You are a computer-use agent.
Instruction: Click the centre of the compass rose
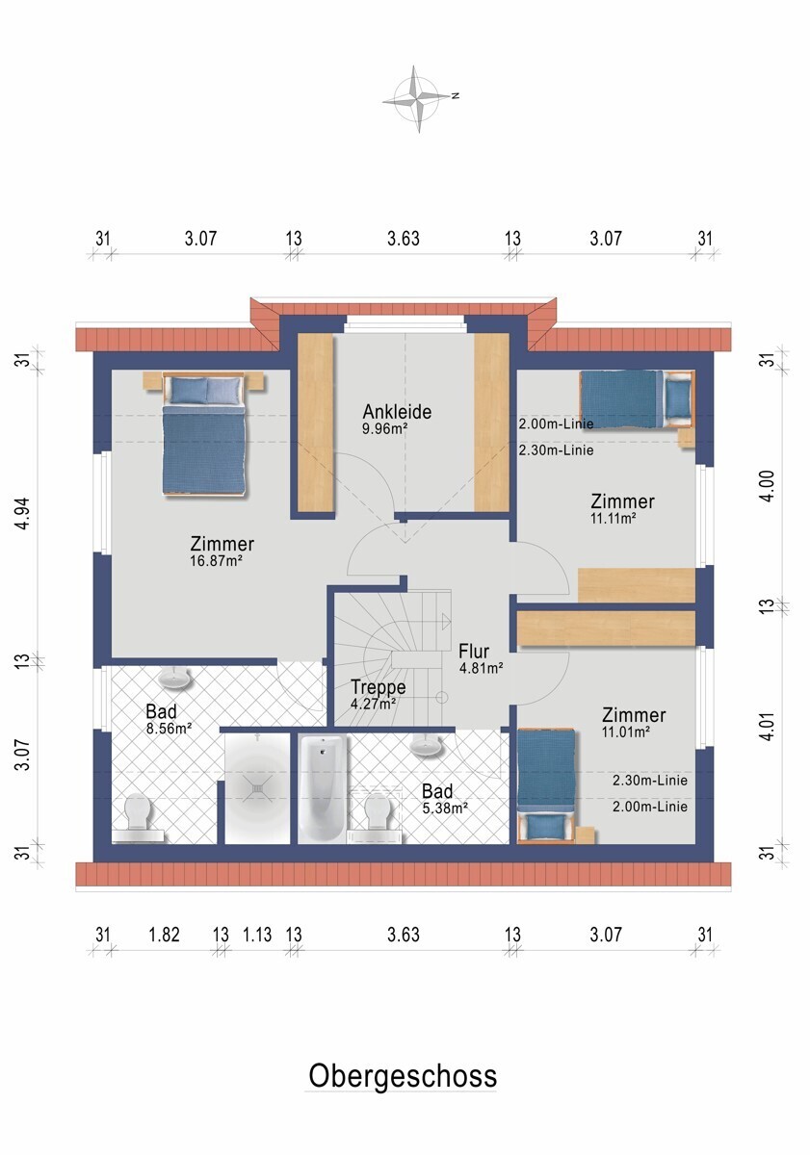pyautogui.click(x=417, y=98)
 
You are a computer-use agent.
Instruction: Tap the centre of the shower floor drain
pyautogui.click(x=256, y=789)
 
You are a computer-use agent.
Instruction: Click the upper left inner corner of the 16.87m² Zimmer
pyautogui.click(x=112, y=370)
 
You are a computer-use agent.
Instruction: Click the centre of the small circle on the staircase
pyautogui.click(x=442, y=697)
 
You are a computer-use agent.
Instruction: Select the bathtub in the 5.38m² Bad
pyautogui.click(x=321, y=788)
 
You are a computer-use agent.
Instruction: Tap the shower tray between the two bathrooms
pyautogui.click(x=257, y=788)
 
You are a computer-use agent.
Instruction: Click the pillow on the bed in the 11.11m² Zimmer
pyautogui.click(x=677, y=399)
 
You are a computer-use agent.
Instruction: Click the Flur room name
pyautogui.click(x=474, y=652)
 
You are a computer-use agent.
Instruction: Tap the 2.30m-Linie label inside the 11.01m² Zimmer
pyautogui.click(x=649, y=781)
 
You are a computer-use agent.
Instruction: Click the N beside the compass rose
pyautogui.click(x=455, y=95)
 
